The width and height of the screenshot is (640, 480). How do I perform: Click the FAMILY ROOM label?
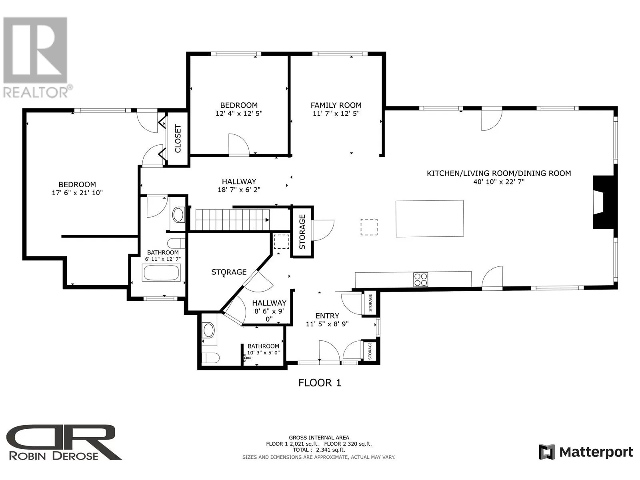pos(336,105)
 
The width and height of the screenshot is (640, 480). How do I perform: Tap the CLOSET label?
pos(178,138)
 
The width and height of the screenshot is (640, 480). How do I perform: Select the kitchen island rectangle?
pos(430,218)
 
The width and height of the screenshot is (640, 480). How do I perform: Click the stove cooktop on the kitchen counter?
pos(420,280)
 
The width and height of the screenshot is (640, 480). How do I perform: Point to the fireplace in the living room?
pos(603,206)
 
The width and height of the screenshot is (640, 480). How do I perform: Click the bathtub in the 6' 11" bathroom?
pos(161,273)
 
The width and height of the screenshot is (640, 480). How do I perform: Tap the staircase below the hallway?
pos(232,220)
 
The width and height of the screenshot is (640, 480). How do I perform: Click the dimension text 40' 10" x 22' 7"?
pos(499,182)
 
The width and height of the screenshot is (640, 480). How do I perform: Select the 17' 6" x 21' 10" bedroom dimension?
pos(77,193)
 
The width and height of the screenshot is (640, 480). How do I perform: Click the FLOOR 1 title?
pos(320,383)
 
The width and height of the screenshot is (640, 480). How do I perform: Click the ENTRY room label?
pos(327,316)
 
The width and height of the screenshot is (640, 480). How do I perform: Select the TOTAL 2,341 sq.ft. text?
pos(319,450)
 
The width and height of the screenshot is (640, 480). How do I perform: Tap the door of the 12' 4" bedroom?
pos(239,144)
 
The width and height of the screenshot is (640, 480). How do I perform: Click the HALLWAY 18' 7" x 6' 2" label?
pos(239,186)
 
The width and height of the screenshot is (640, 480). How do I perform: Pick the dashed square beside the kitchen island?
pos(369,227)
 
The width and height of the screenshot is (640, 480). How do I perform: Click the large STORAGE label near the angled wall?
pos(229,272)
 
